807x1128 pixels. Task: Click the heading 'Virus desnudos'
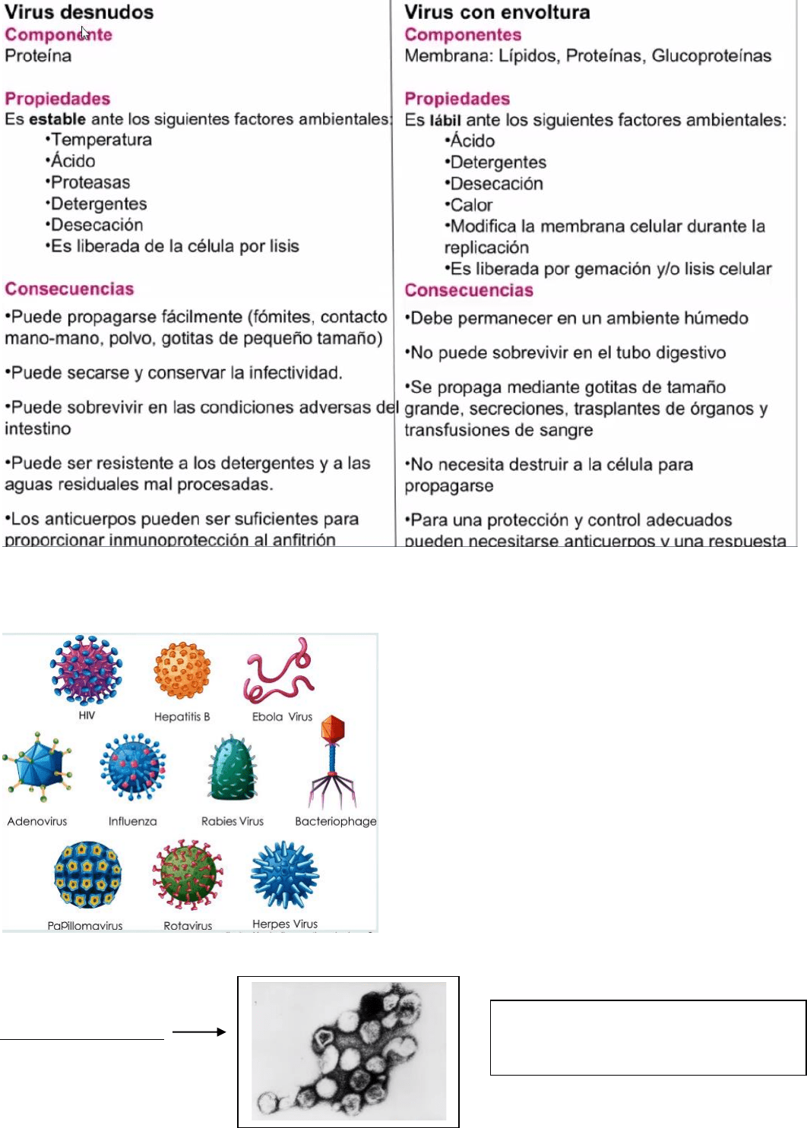(x=79, y=12)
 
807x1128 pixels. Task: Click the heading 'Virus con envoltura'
(x=497, y=12)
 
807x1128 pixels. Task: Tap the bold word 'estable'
(x=57, y=119)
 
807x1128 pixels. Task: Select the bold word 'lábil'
(x=445, y=120)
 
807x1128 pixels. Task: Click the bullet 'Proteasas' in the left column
(x=90, y=182)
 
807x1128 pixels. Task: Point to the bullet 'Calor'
(x=471, y=205)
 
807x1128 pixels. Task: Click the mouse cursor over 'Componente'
(x=84, y=33)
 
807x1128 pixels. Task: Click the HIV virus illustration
(x=87, y=671)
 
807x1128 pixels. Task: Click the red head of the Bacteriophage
(x=333, y=729)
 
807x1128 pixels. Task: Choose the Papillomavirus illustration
(x=87, y=875)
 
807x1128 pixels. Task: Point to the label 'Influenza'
(x=132, y=821)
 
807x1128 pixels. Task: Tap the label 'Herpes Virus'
(x=285, y=924)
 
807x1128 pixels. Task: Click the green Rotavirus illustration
(x=188, y=876)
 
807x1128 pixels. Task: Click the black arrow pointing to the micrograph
(x=199, y=1032)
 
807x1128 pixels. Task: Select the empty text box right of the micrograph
(x=647, y=1038)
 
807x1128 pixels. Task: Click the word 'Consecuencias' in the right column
(x=469, y=290)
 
